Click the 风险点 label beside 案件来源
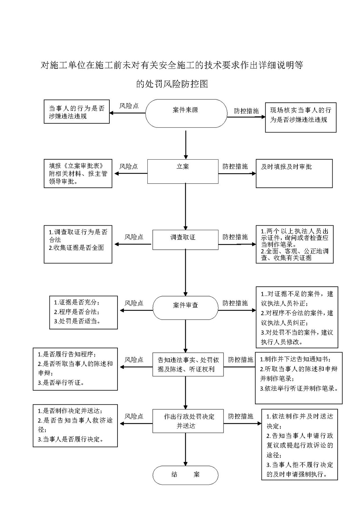(x=129, y=106)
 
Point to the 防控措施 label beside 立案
(x=235, y=167)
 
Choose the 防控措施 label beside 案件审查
(x=235, y=303)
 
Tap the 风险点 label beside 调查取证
(x=134, y=237)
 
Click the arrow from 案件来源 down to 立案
(x=186, y=145)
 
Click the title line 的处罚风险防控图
(x=172, y=84)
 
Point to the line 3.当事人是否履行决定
(x=71, y=439)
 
